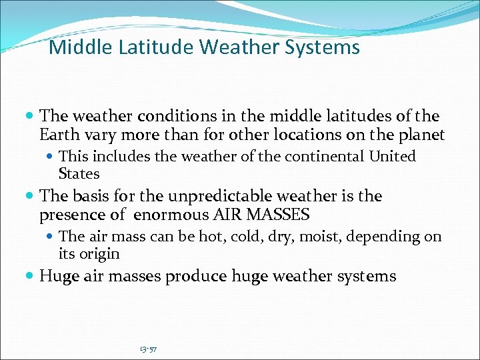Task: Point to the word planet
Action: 423,135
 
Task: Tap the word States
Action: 79,174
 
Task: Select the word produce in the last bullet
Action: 198,276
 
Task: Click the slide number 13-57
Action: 148,348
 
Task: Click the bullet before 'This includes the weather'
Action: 52,157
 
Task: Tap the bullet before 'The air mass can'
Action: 52,237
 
